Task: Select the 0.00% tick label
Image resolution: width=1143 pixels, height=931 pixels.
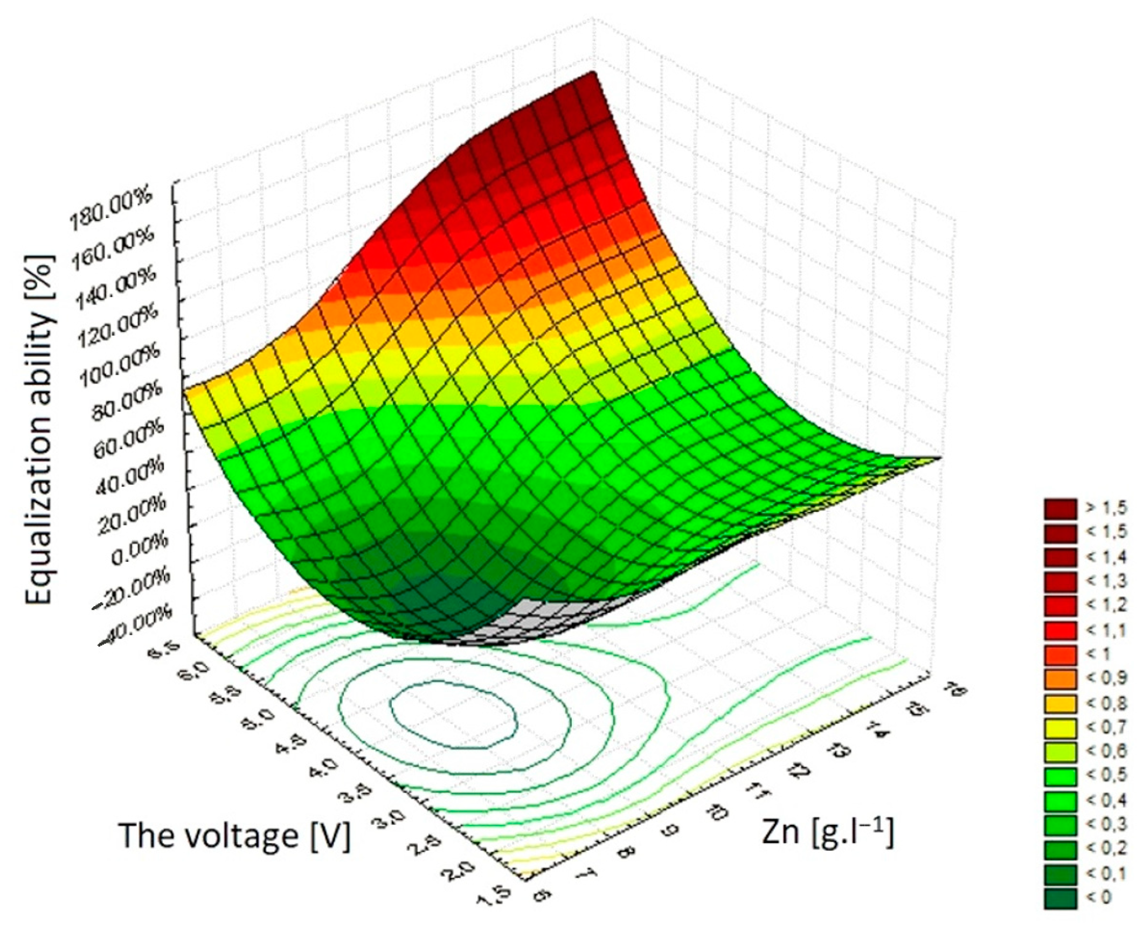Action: coord(137,553)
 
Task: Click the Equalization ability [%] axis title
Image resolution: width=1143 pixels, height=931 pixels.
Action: coord(40,428)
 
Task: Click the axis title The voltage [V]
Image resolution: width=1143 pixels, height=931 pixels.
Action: coord(234,835)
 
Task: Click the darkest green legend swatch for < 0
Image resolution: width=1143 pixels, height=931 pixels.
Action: coord(1060,898)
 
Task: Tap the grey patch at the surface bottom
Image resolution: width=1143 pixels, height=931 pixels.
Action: coord(544,620)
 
